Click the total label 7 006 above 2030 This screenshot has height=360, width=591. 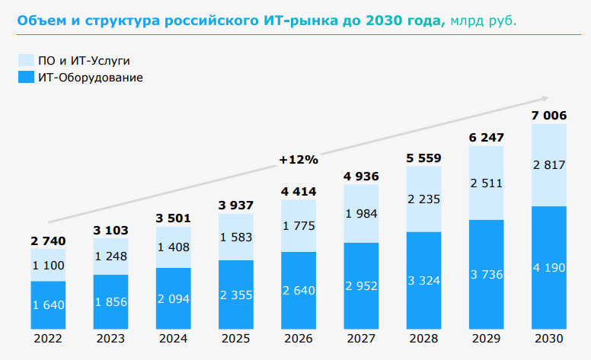(548, 115)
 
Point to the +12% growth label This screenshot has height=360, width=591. (298, 160)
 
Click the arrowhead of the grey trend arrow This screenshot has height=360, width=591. (545, 98)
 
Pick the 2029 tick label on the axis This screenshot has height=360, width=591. (486, 339)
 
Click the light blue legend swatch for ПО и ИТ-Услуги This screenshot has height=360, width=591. (25, 60)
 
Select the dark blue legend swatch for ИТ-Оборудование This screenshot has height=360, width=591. (25, 77)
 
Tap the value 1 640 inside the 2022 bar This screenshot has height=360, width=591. (48, 305)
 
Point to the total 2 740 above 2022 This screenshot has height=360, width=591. (48, 241)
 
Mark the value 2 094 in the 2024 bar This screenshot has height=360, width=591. (173, 296)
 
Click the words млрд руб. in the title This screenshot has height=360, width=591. (484, 20)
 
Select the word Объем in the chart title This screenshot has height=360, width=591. (40, 20)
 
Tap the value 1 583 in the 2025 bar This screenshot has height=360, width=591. (235, 238)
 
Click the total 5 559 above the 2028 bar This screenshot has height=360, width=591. (423, 158)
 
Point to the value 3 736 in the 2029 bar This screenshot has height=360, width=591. (486, 274)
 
